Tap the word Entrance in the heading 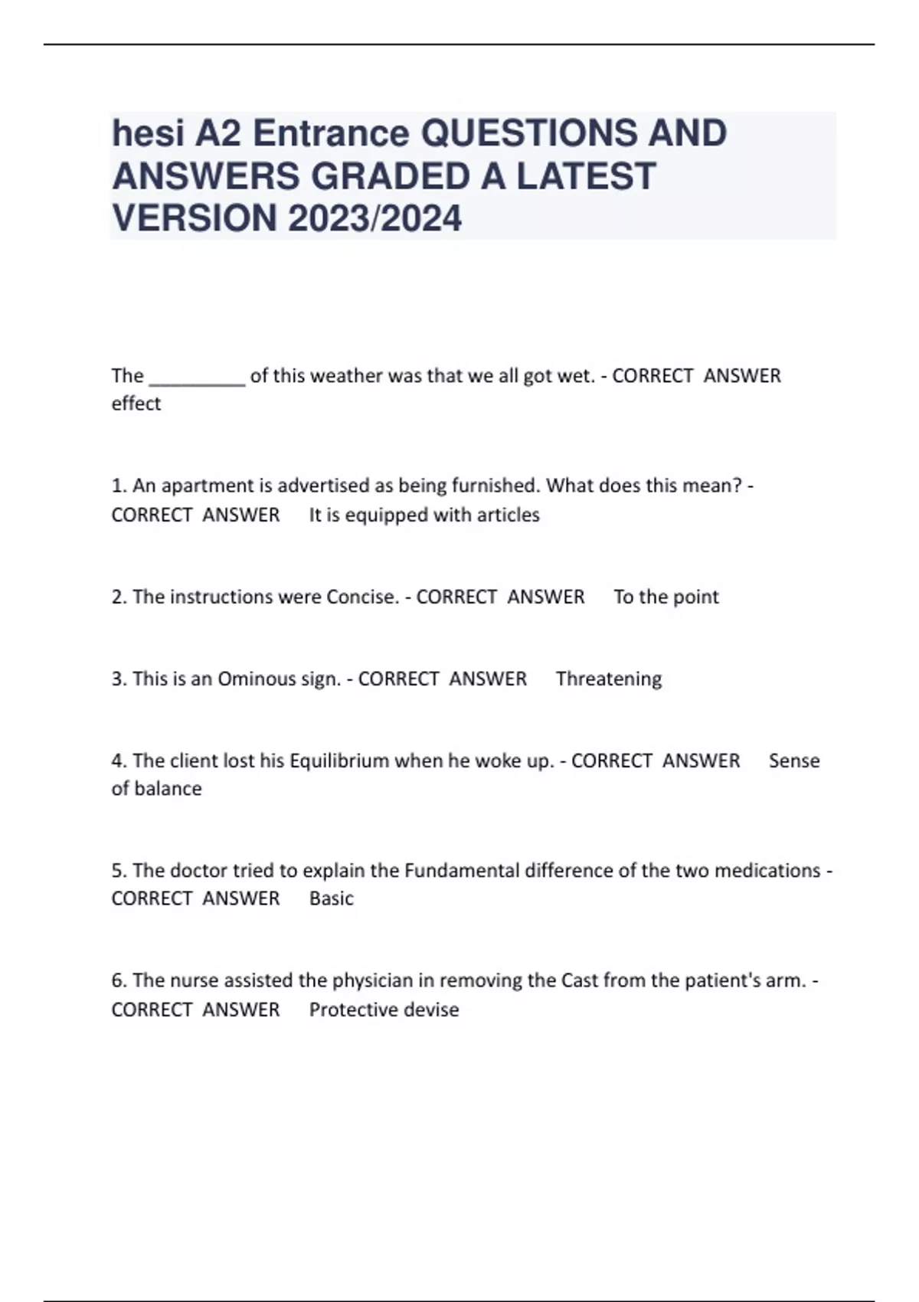pyautogui.click(x=331, y=133)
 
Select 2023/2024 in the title pyautogui.click(x=374, y=218)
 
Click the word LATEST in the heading pyautogui.click(x=586, y=176)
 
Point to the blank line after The pyautogui.click(x=197, y=377)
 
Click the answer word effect pyautogui.click(x=136, y=404)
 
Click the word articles pyautogui.click(x=508, y=515)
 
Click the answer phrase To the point pyautogui.click(x=666, y=597)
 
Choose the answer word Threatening pyautogui.click(x=609, y=679)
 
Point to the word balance pyautogui.click(x=168, y=789)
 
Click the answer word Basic pyautogui.click(x=332, y=898)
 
